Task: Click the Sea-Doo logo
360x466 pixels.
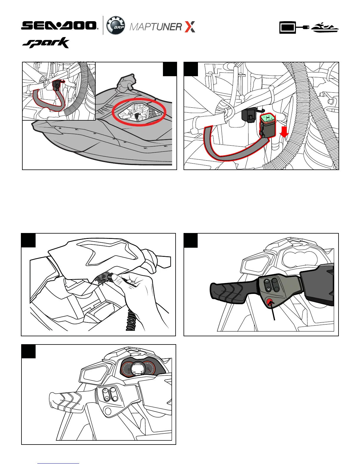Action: tap(59, 26)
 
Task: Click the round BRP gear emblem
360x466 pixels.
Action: tap(116, 25)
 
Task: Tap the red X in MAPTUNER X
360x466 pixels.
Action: tap(190, 27)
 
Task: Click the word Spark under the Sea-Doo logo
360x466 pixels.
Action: tap(46, 43)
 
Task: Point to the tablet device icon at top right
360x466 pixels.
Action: tap(288, 27)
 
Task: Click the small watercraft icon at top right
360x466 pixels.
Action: tap(325, 27)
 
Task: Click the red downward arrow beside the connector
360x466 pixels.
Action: tap(284, 132)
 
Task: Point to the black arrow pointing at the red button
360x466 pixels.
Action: tap(273, 311)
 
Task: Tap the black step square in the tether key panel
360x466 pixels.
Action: tap(28, 240)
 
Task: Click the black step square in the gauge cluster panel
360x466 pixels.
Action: tap(29, 352)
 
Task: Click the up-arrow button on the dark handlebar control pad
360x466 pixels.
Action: tap(267, 282)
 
